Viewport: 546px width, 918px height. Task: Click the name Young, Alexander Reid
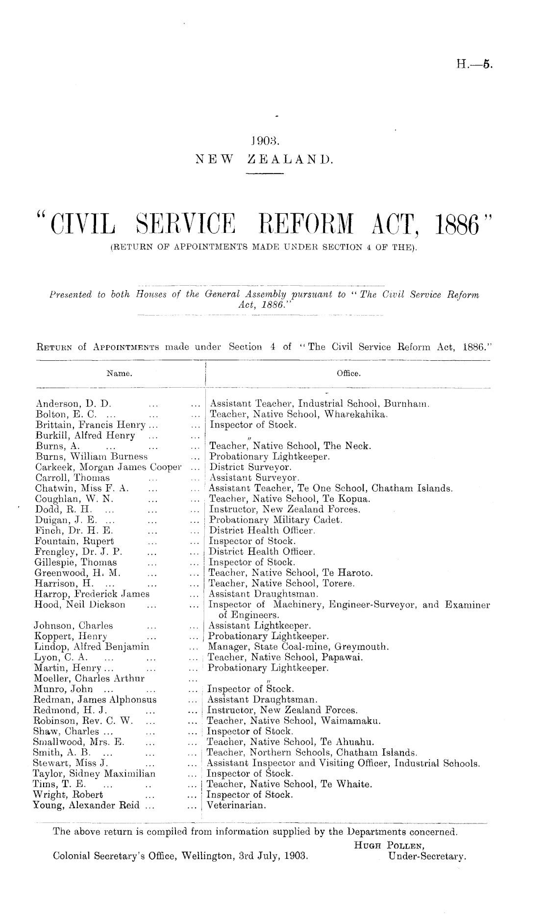point(91,805)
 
